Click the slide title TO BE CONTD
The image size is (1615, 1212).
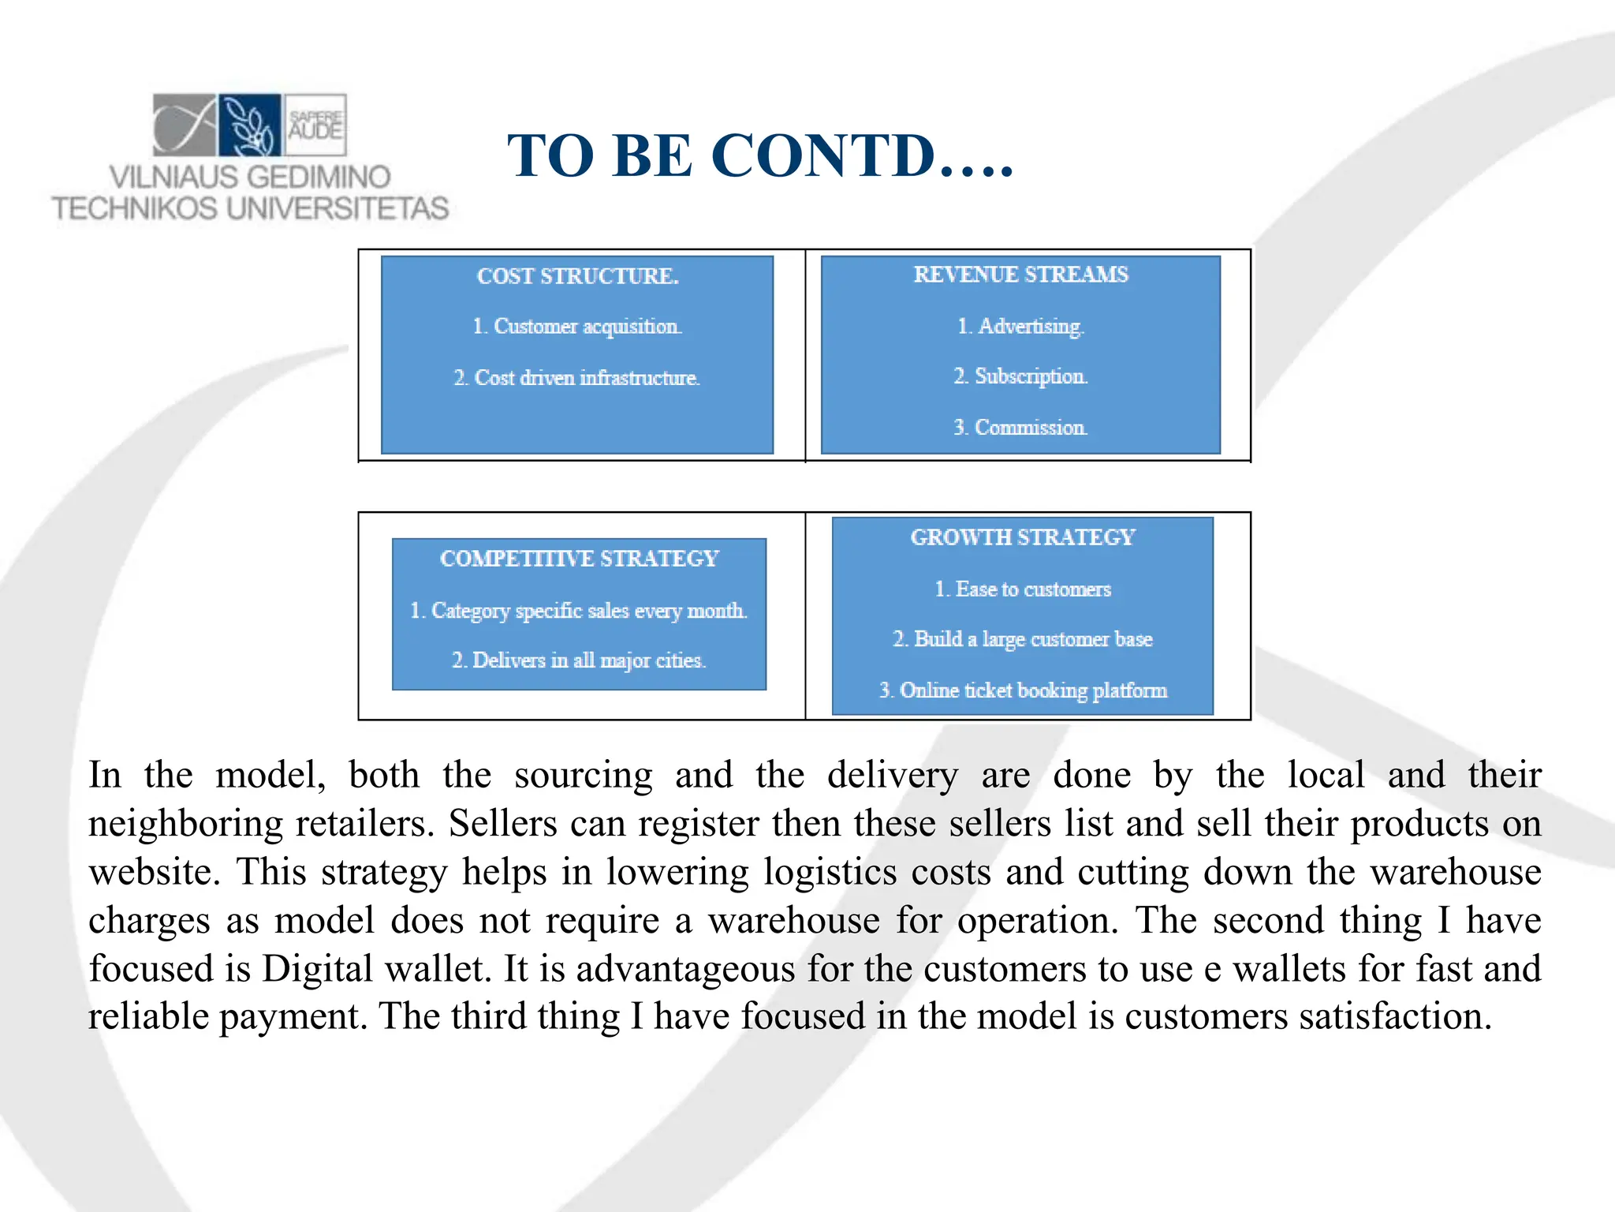pyautogui.click(x=760, y=155)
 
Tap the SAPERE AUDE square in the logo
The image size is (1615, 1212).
pyautogui.click(x=315, y=125)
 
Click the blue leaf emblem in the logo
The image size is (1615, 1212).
pyautogui.click(x=250, y=125)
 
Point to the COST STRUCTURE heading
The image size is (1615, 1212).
pyautogui.click(x=577, y=276)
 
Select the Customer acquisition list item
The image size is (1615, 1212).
pyautogui.click(x=577, y=327)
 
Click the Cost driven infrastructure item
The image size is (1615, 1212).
pyautogui.click(x=577, y=378)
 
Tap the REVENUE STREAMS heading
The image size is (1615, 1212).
pyautogui.click(x=1020, y=275)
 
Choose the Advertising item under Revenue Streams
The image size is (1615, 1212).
pyautogui.click(x=1020, y=326)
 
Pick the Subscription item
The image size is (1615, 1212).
pyautogui.click(x=1020, y=376)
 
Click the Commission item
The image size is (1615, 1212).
pyautogui.click(x=1020, y=428)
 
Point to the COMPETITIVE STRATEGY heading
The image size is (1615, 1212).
pyautogui.click(x=580, y=559)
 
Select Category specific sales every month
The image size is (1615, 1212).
pyautogui.click(x=579, y=611)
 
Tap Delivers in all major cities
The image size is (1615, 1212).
pyautogui.click(x=579, y=660)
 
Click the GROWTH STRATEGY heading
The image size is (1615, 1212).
pyautogui.click(x=1023, y=537)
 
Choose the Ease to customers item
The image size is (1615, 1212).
pyautogui.click(x=1023, y=589)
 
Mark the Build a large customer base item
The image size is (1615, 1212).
pyautogui.click(x=1023, y=639)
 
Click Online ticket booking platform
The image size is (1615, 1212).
pyautogui.click(x=1023, y=690)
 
